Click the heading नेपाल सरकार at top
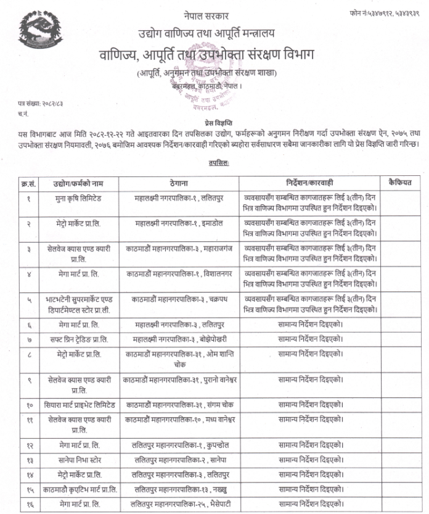coord(206,15)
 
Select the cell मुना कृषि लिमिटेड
coord(79,199)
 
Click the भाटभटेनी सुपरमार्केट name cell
coord(79,302)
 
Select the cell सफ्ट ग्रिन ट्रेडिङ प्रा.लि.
coord(79,339)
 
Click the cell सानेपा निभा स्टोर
coord(79,460)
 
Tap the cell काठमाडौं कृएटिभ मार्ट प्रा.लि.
coord(79,490)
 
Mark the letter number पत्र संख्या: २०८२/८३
coord(41,105)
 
